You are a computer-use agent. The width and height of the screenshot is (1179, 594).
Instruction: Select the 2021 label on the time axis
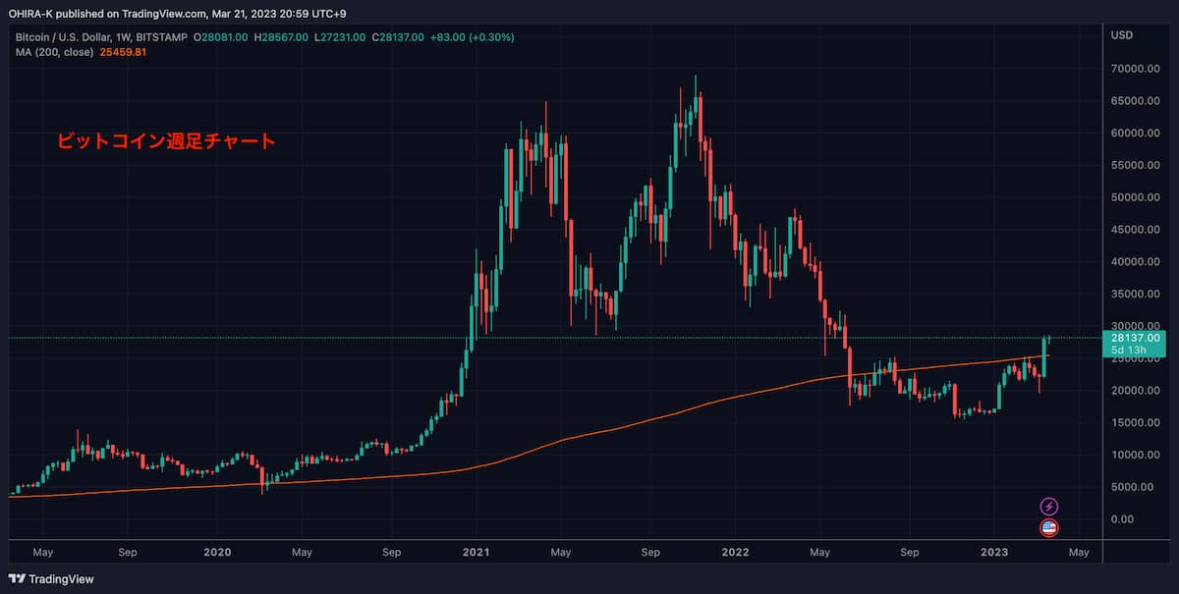tap(477, 553)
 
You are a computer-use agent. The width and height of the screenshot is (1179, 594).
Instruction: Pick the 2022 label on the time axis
tap(736, 553)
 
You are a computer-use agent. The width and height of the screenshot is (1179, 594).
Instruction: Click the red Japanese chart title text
tap(164, 141)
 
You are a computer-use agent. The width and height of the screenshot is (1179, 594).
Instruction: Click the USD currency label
tap(1122, 36)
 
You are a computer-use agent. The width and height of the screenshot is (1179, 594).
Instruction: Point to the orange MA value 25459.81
tap(124, 52)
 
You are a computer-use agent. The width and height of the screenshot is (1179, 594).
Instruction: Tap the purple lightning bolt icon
tap(1049, 507)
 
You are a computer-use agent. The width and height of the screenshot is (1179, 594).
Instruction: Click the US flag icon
tap(1049, 528)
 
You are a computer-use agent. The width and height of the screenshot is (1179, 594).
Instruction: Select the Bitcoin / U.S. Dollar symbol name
tap(60, 37)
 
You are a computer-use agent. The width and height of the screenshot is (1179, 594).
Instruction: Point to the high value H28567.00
tap(281, 37)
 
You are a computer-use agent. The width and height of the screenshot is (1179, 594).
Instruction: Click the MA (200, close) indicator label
tap(55, 52)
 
